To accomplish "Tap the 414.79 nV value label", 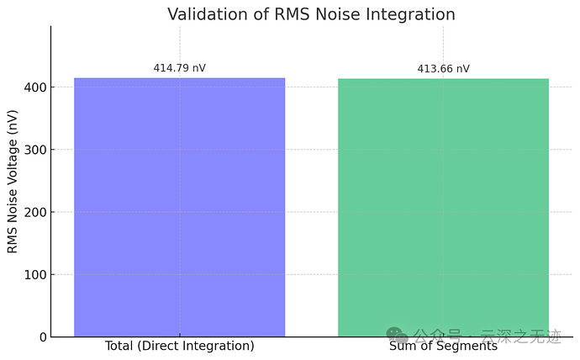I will (179, 67).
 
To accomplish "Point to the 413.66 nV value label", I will (443, 69).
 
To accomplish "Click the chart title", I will (311, 14).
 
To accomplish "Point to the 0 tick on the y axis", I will (43, 337).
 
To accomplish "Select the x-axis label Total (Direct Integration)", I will (179, 346).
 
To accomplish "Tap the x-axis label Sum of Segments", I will (443, 346).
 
